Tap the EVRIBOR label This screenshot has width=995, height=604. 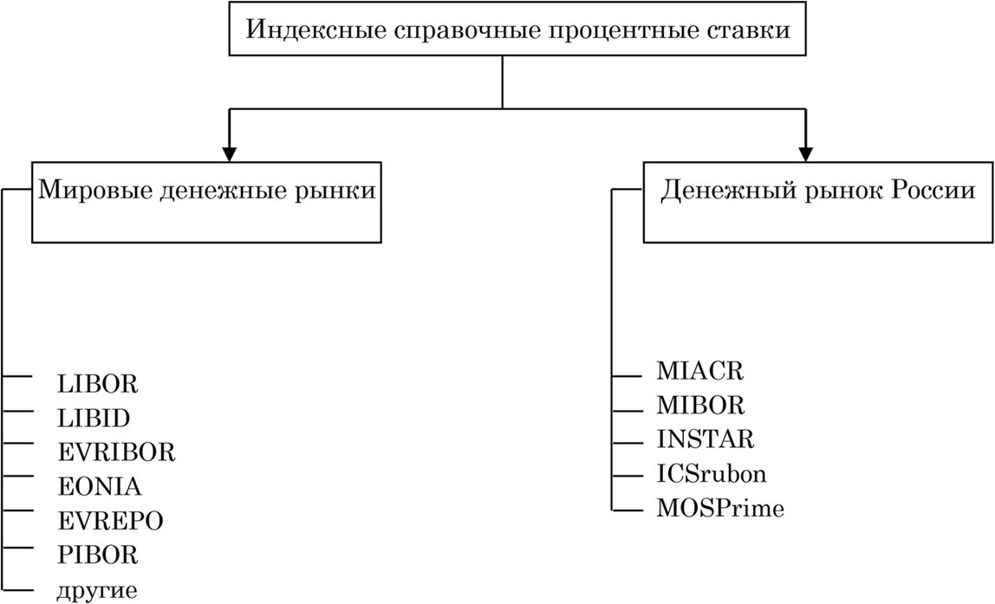click(116, 452)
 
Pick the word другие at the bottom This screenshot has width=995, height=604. click(96, 591)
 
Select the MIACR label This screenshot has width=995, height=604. click(700, 373)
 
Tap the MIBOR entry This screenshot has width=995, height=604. click(700, 406)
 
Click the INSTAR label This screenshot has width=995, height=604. click(706, 439)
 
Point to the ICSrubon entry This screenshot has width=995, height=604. click(712, 474)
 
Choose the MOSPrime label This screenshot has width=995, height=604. click(720, 508)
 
